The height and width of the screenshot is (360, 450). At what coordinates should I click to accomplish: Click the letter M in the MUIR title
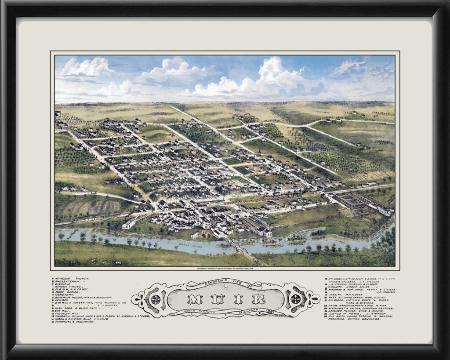(193, 300)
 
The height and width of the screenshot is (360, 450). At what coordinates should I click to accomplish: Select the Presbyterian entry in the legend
(68, 282)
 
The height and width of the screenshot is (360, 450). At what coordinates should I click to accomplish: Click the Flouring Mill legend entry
(68, 312)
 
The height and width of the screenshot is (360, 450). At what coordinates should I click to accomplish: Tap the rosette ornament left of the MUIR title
(155, 299)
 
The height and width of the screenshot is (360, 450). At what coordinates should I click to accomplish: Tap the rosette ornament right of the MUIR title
(295, 299)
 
